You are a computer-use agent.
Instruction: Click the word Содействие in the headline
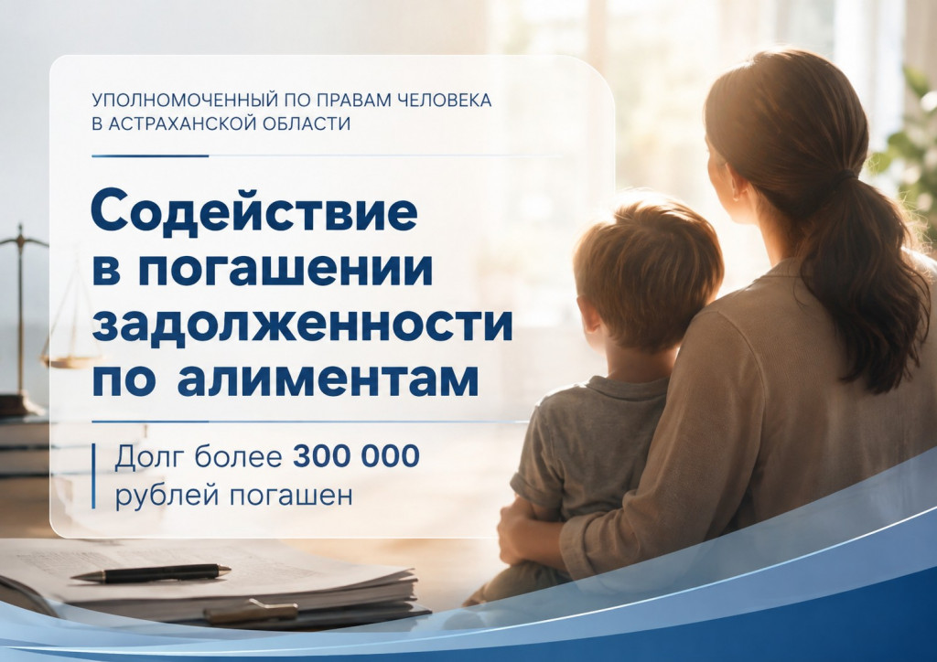pos(254,211)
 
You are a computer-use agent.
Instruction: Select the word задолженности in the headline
pos(302,323)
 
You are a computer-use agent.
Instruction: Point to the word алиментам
pos(328,378)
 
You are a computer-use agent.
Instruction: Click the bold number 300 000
pos(356,456)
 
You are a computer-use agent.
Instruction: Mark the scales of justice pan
pos(69,360)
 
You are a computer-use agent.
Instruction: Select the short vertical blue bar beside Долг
pos(93,475)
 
